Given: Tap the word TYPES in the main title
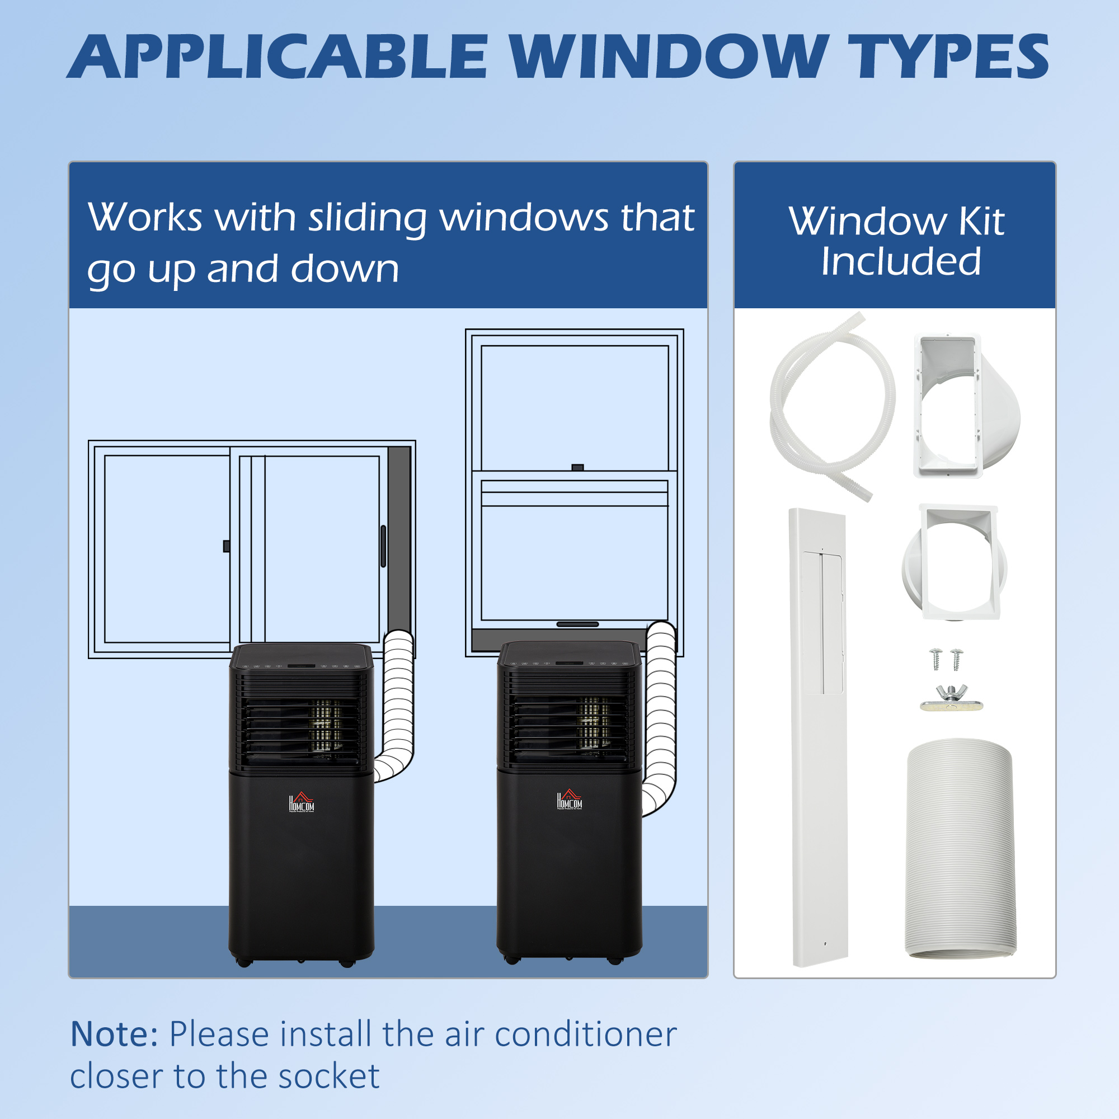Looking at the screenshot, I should [x=952, y=57].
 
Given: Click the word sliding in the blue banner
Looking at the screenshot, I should [x=366, y=218].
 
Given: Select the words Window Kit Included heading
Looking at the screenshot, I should [x=896, y=241].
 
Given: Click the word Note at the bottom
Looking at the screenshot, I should [x=114, y=1034].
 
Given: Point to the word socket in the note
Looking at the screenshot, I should [x=328, y=1076].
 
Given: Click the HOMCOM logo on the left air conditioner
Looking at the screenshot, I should [x=302, y=802].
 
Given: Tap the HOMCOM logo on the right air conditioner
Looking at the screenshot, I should [x=570, y=800].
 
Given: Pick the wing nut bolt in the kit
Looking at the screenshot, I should [x=951, y=698].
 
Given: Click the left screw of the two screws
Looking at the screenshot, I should [x=936, y=659].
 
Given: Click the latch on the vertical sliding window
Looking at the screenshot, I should [x=577, y=467].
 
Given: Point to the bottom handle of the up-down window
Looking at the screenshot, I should [x=577, y=624].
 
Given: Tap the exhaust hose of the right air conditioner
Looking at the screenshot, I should [x=660, y=718].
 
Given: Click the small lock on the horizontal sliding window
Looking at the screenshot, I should [x=227, y=546].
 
